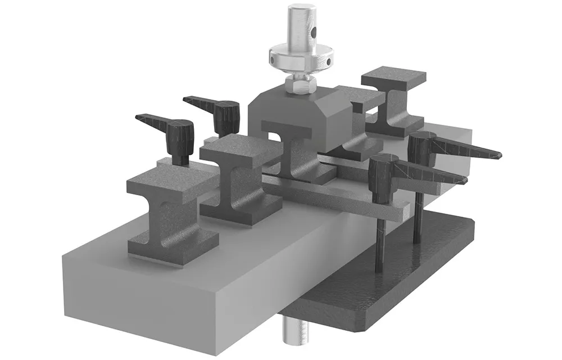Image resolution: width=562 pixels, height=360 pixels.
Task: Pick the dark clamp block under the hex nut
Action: pyautogui.click(x=298, y=112)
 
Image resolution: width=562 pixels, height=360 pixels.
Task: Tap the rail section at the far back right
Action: pyautogui.click(x=393, y=101)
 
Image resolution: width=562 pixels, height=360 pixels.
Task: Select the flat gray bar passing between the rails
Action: pyautogui.click(x=337, y=197)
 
